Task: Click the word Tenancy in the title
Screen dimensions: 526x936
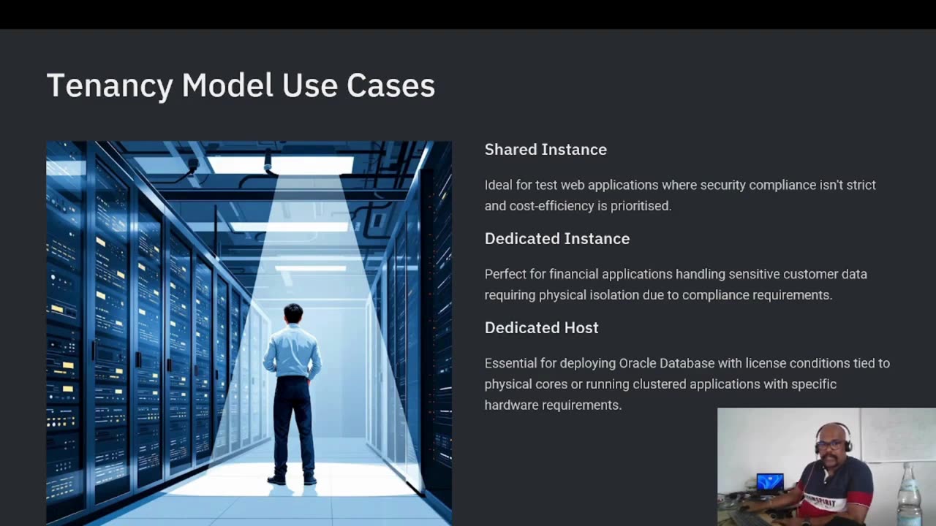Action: [x=110, y=86]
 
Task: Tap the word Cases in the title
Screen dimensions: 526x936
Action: [x=390, y=86]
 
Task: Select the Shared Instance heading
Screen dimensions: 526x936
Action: [x=546, y=150]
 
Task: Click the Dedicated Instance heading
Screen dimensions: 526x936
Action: [x=556, y=239]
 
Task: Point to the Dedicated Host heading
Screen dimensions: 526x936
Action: [x=541, y=328]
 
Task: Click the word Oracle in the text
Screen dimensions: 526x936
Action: [x=638, y=363]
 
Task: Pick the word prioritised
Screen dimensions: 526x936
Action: [x=641, y=206]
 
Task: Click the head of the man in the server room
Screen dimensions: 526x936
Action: [x=293, y=313]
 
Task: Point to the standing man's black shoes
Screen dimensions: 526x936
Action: [x=292, y=480]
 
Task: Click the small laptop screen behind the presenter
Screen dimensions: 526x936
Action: [x=770, y=482]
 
